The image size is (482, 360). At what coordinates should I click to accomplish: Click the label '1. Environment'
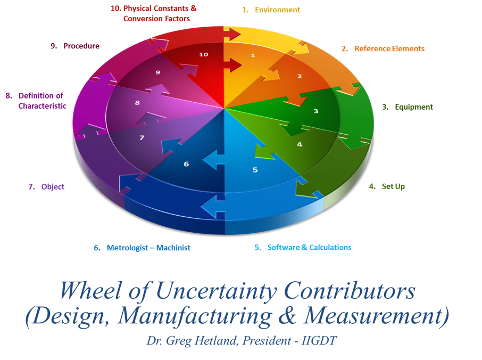pyautogui.click(x=271, y=10)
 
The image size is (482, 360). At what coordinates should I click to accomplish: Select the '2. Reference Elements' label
pyautogui.click(x=383, y=48)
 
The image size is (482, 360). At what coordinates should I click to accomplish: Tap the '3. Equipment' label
pyautogui.click(x=408, y=107)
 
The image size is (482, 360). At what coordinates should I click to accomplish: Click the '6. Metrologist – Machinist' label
pyautogui.click(x=142, y=248)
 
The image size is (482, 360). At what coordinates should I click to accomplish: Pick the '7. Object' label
pyautogui.click(x=46, y=186)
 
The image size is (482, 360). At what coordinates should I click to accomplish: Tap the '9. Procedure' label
pyautogui.click(x=75, y=46)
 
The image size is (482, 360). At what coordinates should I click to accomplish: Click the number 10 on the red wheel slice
pyautogui.click(x=203, y=54)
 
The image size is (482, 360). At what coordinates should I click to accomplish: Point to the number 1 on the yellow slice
pyautogui.click(x=253, y=55)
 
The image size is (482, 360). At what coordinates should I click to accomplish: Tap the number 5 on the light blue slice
pyautogui.click(x=255, y=170)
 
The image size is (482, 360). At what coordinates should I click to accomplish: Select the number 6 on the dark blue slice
pyautogui.click(x=186, y=164)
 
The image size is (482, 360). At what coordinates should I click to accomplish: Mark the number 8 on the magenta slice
pyautogui.click(x=137, y=103)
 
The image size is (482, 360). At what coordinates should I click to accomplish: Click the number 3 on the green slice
pyautogui.click(x=315, y=111)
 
